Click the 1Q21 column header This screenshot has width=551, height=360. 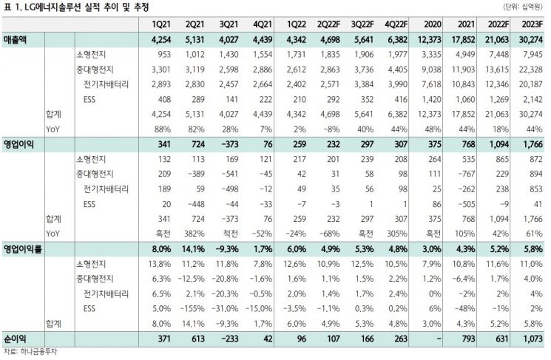coord(161,24)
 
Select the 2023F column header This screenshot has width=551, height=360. coord(533,24)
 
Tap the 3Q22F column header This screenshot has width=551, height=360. coord(362,24)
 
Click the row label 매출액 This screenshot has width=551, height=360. coord(15,39)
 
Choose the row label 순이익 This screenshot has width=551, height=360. coord(15,339)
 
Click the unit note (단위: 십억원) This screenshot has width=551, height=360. coord(523,7)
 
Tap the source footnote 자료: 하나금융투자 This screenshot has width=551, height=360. coord(30,351)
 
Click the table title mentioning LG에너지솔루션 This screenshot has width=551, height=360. coord(76,7)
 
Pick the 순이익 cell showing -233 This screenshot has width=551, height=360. coord(229,339)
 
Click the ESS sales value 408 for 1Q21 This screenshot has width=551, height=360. coord(164,99)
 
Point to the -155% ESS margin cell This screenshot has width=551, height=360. coord(192,309)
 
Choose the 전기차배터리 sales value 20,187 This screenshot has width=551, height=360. coord(530,84)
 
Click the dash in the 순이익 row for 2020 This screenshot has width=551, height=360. coord(438,339)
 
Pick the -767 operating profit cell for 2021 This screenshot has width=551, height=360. coord(466,174)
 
